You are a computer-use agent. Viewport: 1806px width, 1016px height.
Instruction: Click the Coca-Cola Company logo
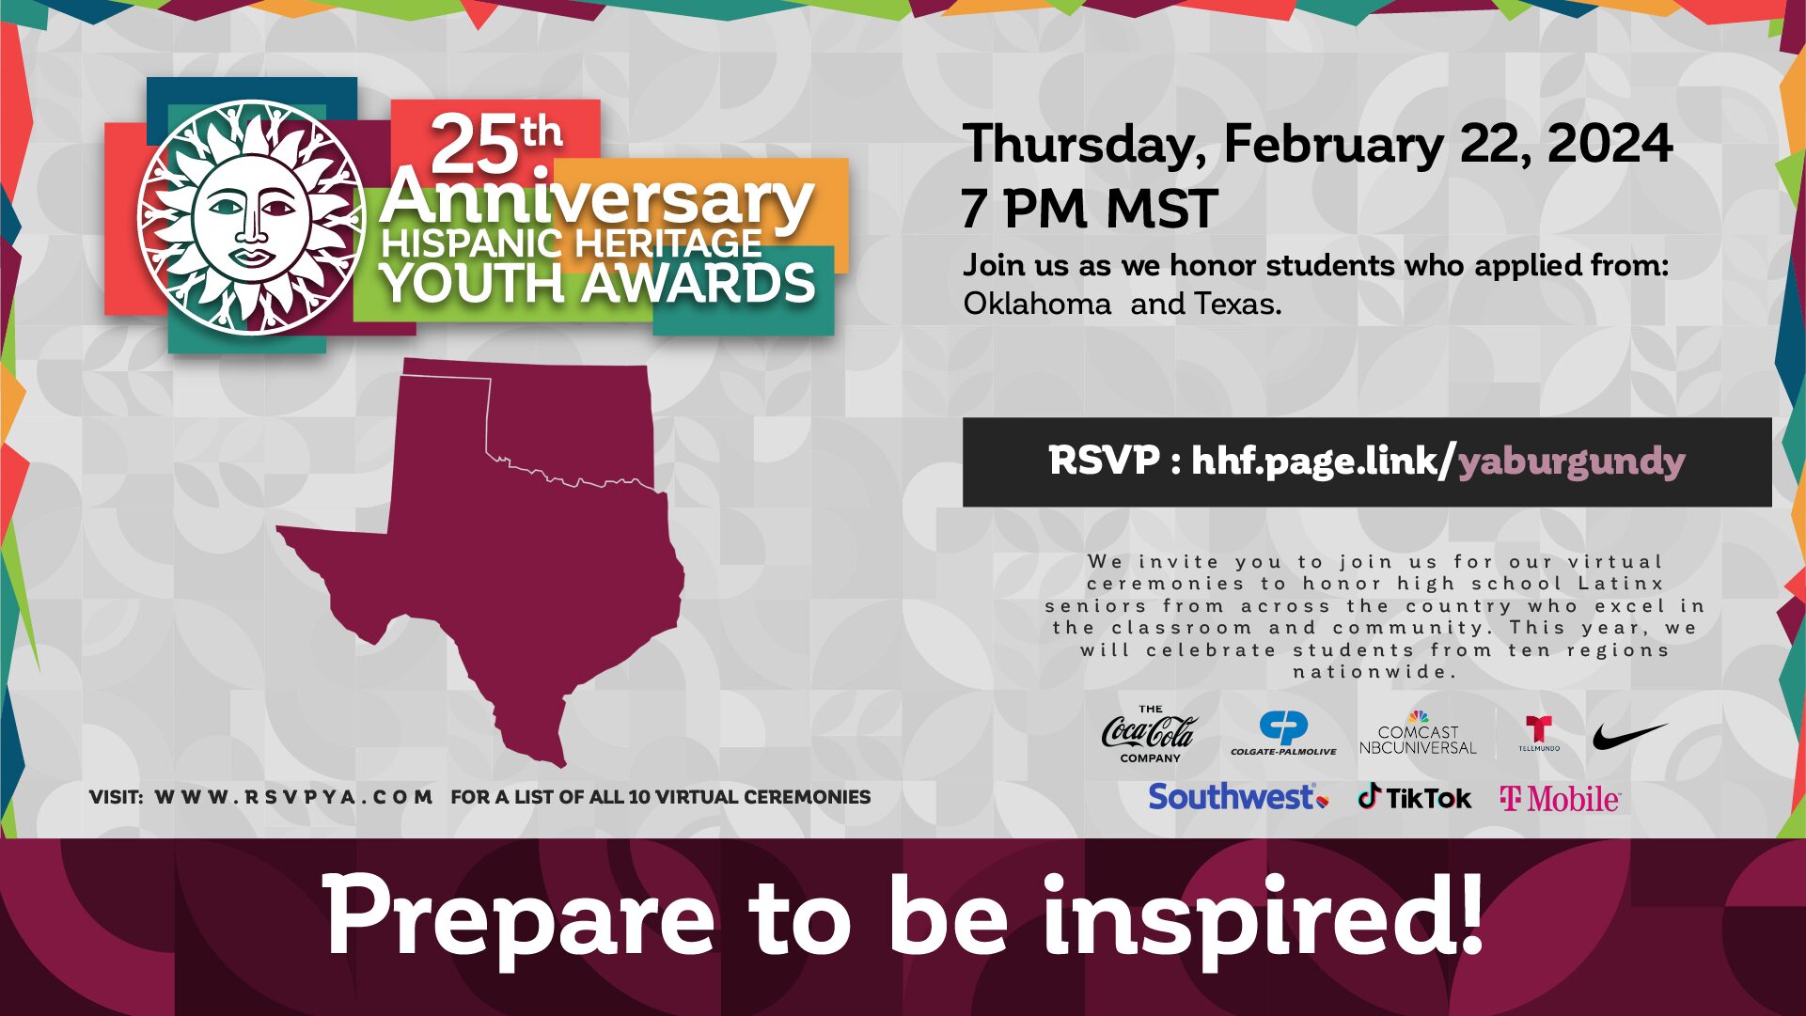click(x=1148, y=733)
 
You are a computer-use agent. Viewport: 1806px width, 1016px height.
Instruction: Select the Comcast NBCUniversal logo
click(x=1418, y=734)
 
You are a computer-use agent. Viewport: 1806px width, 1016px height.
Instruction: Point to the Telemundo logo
click(x=1539, y=733)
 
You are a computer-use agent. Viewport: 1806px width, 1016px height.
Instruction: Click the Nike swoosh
click(x=1629, y=735)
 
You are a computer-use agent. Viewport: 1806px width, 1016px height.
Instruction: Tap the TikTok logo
click(x=1414, y=798)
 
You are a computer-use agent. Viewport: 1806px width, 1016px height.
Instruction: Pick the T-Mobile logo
click(x=1560, y=799)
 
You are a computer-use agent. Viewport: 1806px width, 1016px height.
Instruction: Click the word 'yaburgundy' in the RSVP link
click(x=1571, y=461)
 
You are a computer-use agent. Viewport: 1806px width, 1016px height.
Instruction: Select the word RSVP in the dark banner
click(x=1104, y=461)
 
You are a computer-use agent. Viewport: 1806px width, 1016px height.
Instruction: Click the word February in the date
click(x=1333, y=144)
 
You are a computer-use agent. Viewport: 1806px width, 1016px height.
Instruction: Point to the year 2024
click(x=1610, y=144)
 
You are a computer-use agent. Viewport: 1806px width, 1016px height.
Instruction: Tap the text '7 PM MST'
click(x=1089, y=209)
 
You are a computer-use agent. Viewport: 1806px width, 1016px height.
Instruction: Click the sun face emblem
click(x=250, y=219)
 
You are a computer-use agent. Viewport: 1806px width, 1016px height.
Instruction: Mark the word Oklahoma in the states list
click(x=1036, y=304)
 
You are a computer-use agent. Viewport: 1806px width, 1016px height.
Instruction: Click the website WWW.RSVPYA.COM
click(x=293, y=797)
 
